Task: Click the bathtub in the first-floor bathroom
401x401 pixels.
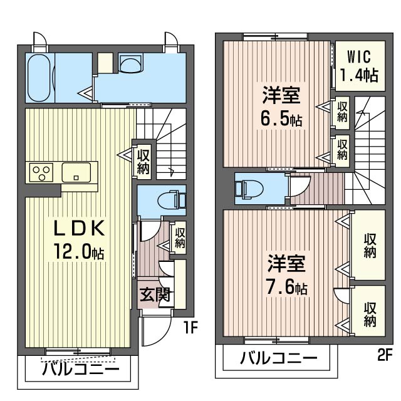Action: click(39, 78)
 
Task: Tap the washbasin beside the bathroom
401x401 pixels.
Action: click(132, 63)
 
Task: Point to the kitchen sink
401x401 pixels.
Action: click(76, 171)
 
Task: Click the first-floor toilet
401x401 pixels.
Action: click(170, 200)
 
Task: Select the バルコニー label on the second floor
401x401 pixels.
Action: click(278, 359)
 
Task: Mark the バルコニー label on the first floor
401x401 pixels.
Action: click(81, 368)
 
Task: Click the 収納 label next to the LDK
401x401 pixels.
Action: click(143, 160)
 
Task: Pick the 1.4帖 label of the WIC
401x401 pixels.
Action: click(359, 76)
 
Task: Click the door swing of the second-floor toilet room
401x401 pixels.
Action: click(299, 186)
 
